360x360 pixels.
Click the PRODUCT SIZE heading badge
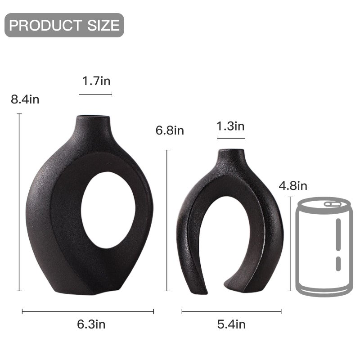click(x=64, y=25)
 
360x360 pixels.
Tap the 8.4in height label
click(x=25, y=99)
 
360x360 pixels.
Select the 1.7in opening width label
click(x=96, y=81)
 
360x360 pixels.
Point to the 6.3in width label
click(x=91, y=324)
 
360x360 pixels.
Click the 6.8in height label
click(x=170, y=130)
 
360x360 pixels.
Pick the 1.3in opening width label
click(x=230, y=126)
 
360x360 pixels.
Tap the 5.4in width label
click(x=231, y=324)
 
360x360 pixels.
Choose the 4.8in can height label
click(x=293, y=185)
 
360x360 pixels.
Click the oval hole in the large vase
click(x=108, y=210)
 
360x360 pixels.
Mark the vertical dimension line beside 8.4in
click(x=19, y=202)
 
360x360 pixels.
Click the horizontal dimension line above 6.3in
click(x=88, y=311)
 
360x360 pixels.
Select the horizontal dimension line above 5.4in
click(x=231, y=311)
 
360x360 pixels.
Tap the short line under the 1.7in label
click(x=95, y=94)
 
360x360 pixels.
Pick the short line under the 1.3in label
click(x=230, y=139)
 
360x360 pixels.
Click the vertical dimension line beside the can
click(x=290, y=243)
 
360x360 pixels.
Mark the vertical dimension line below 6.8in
click(x=167, y=220)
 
